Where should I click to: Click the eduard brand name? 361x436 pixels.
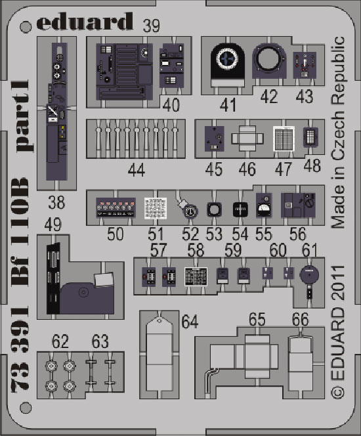tap(85, 21)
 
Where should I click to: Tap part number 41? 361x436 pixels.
tap(228, 105)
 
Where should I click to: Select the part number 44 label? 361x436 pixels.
tap(137, 170)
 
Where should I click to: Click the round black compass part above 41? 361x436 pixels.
tap(228, 60)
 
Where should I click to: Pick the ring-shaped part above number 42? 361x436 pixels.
tap(269, 60)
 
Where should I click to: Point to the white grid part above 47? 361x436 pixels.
tap(284, 139)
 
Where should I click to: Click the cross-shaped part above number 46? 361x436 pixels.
tap(247, 139)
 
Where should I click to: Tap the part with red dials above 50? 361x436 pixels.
tap(116, 207)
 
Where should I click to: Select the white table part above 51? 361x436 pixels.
tap(156, 208)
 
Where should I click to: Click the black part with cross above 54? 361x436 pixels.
tap(240, 209)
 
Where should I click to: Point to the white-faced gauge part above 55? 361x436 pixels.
tap(264, 206)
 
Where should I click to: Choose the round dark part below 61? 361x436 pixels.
tap(309, 274)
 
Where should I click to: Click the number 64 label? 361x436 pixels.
tap(190, 322)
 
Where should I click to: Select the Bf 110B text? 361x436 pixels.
tap(20, 232)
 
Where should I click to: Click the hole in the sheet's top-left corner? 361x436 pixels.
tap(26, 27)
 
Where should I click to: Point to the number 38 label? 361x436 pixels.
tap(56, 203)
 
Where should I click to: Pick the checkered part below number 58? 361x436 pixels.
tap(196, 276)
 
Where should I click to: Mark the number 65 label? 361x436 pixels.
tap(257, 319)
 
